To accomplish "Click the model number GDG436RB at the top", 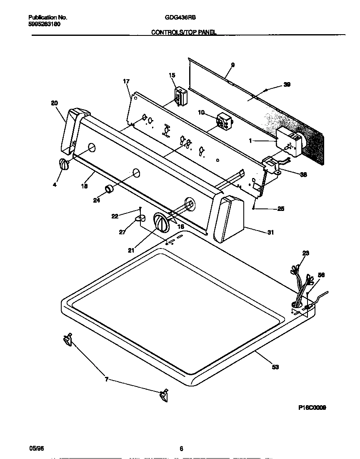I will [x=180, y=18].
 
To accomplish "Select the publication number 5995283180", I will [x=44, y=24].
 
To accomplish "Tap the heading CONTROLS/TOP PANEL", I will [x=183, y=32].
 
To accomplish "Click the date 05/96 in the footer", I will [x=36, y=448].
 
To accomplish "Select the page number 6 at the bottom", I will [x=181, y=449].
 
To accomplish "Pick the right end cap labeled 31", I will [x=229, y=218].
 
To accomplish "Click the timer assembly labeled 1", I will [x=287, y=143].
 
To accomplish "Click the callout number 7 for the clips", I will [x=107, y=379].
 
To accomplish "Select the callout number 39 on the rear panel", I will [x=287, y=85].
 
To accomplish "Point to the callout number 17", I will [x=127, y=81].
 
